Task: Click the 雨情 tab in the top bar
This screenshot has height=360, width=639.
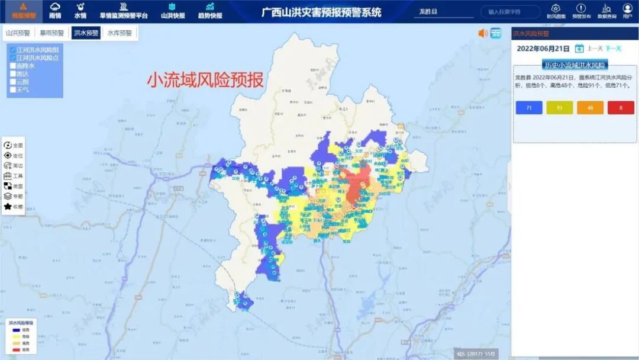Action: click(x=55, y=10)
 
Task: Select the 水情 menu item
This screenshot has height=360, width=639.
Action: click(x=80, y=10)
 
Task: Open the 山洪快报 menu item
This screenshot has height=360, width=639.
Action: click(x=173, y=10)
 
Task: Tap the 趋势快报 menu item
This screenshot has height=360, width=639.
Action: click(x=210, y=10)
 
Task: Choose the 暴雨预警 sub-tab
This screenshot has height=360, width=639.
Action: click(x=52, y=33)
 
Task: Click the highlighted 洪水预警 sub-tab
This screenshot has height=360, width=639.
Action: click(x=86, y=33)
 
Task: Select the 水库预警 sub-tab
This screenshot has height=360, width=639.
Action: click(x=120, y=33)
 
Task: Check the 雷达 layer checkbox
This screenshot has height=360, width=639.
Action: click(x=13, y=74)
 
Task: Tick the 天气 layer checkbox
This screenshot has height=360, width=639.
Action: click(x=13, y=90)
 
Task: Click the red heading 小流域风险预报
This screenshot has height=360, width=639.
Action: click(x=205, y=80)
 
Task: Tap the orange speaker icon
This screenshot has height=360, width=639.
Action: click(x=483, y=33)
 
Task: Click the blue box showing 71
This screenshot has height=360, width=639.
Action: click(x=529, y=107)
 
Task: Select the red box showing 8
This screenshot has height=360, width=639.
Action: click(x=621, y=107)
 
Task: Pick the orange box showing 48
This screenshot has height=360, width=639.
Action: click(x=590, y=107)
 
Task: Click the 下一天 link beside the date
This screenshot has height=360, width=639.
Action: click(x=614, y=49)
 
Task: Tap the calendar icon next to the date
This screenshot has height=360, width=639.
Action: click(x=579, y=49)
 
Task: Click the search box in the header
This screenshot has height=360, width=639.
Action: click(x=510, y=12)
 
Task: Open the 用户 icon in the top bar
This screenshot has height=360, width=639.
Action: click(x=627, y=10)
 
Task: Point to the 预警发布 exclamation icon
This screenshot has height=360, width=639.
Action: click(x=581, y=10)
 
